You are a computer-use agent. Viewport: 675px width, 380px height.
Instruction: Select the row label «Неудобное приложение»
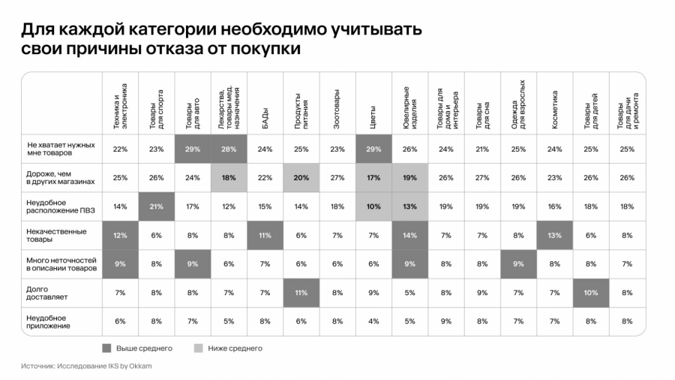pyautogui.click(x=49, y=321)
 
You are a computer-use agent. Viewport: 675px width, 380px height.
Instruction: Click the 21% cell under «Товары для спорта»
pyautogui.click(x=156, y=207)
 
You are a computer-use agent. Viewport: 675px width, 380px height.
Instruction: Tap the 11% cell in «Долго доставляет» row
pyautogui.click(x=301, y=293)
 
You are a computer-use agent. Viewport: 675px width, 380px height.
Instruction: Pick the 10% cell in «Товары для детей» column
pyautogui.click(x=591, y=293)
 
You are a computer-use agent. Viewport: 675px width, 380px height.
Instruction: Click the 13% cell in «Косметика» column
pyautogui.click(x=555, y=235)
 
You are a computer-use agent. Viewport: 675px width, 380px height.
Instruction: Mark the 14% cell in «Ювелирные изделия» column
pyautogui.click(x=409, y=235)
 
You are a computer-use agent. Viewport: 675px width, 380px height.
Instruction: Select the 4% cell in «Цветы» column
pyautogui.click(x=373, y=321)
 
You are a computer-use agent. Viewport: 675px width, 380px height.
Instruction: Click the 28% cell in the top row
pyautogui.click(x=229, y=149)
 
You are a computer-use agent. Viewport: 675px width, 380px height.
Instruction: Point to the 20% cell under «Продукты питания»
pyautogui.click(x=301, y=178)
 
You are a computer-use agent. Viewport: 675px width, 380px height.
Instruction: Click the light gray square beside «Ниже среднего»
pyautogui.click(x=199, y=348)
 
